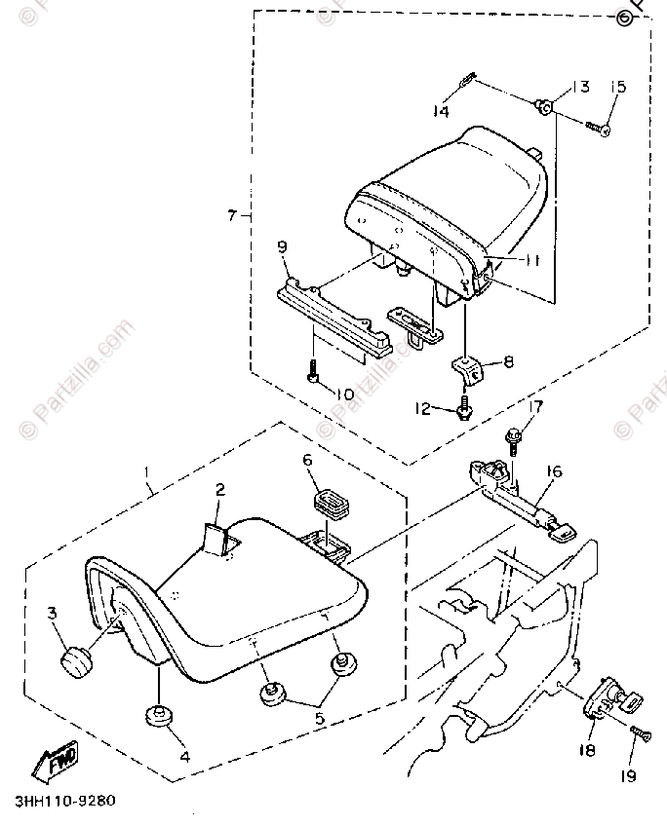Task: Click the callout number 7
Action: [232, 214]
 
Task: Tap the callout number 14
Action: [442, 112]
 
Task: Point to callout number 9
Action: [282, 248]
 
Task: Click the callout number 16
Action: [554, 472]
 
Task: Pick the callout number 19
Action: [628, 775]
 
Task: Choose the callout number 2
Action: [220, 489]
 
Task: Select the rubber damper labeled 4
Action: [158, 716]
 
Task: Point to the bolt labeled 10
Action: [312, 372]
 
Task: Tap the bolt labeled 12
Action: [464, 408]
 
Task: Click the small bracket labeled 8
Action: [470, 368]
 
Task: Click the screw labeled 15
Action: [596, 126]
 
